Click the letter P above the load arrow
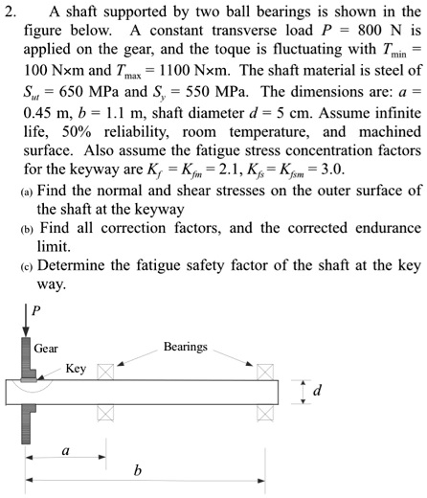coord(38,311)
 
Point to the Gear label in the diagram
coord(45,348)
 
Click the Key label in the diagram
coord(76,368)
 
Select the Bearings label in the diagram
coord(185,346)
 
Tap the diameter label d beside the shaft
coord(319,391)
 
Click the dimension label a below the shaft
coord(65,447)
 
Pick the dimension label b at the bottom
coord(138,469)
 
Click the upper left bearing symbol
coord(105,371)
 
